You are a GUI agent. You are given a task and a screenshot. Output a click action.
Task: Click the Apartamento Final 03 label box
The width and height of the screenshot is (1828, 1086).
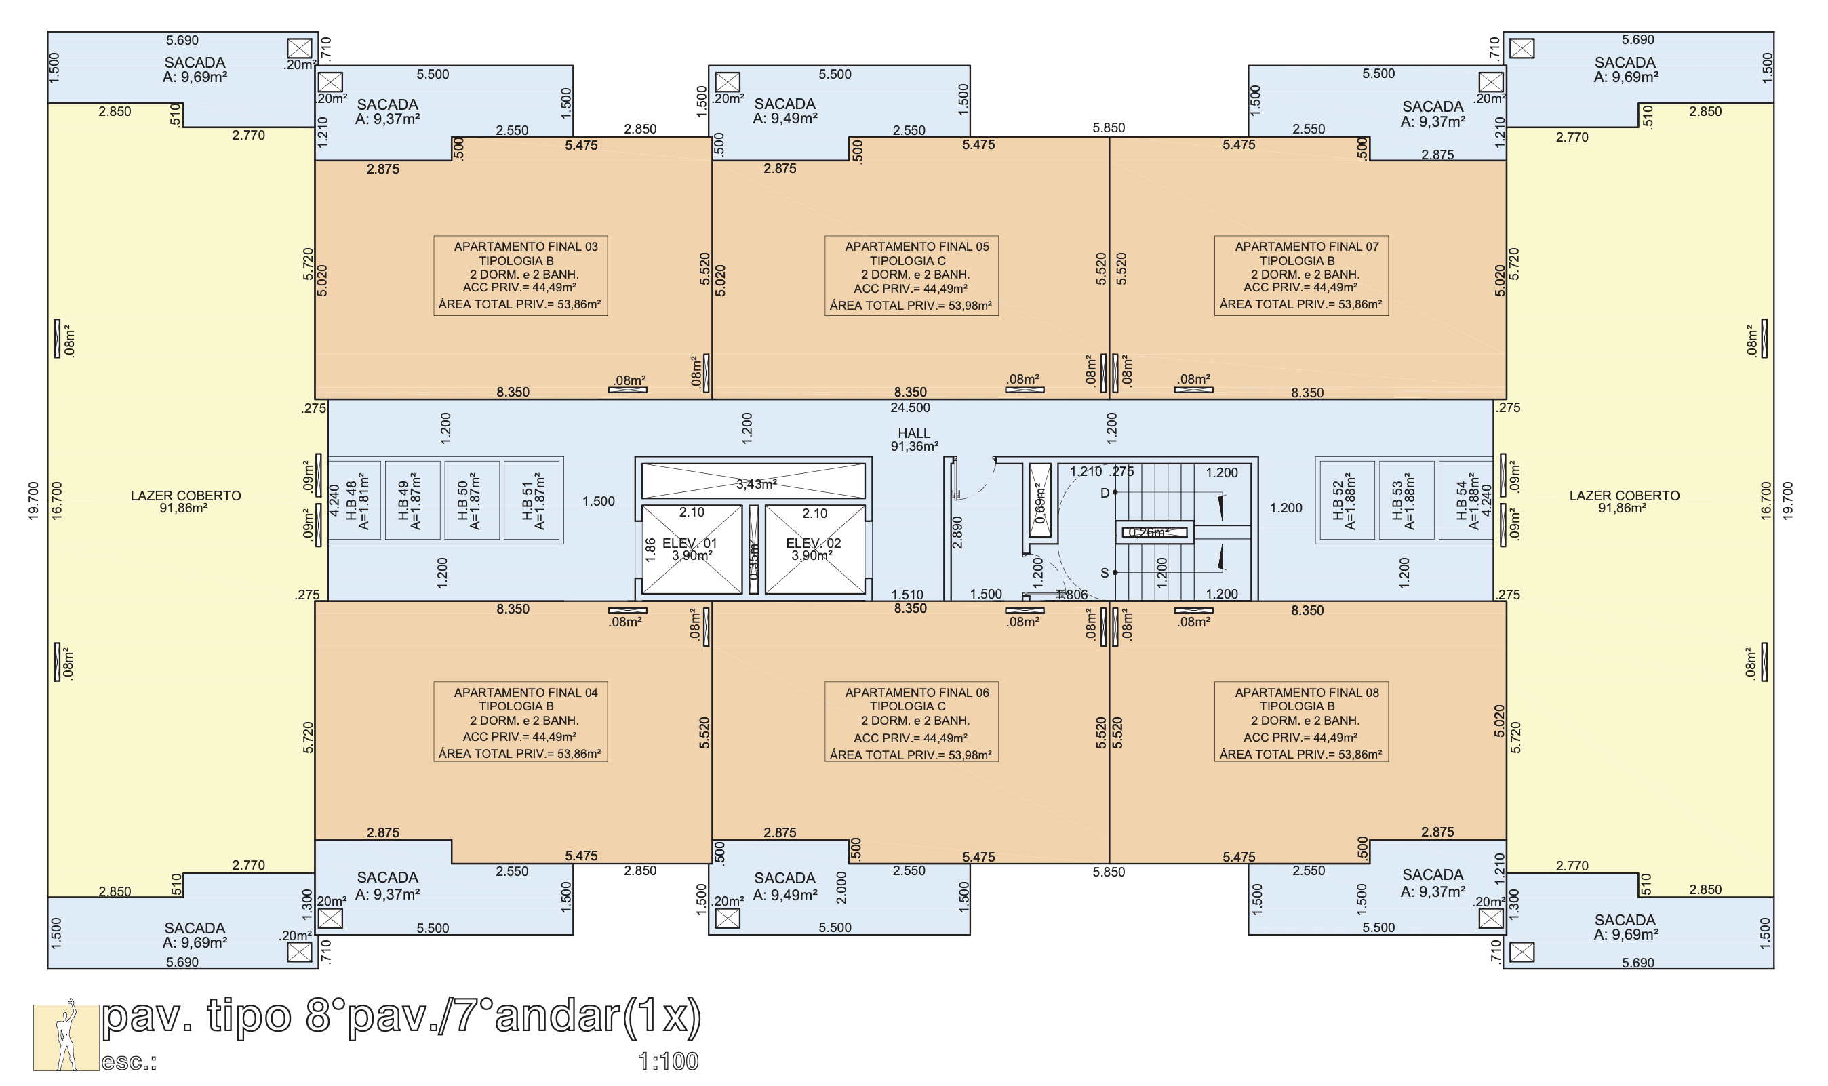(520, 275)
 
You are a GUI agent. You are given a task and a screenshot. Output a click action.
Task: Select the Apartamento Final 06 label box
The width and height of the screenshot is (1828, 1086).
(911, 721)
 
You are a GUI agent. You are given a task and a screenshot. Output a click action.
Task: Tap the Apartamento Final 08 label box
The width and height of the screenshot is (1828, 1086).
(1301, 721)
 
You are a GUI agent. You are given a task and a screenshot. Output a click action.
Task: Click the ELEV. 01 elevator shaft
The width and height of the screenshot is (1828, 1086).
(692, 549)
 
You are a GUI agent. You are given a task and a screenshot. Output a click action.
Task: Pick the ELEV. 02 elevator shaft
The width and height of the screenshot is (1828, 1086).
(814, 549)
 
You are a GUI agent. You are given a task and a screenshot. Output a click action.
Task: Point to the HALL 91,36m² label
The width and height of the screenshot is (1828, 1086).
(914, 440)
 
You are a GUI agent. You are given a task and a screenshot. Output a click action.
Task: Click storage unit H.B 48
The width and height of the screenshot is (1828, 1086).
(354, 500)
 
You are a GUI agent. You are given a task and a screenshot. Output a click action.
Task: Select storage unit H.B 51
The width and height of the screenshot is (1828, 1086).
(532, 500)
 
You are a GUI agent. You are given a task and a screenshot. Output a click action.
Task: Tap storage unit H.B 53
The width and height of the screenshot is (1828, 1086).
(1406, 500)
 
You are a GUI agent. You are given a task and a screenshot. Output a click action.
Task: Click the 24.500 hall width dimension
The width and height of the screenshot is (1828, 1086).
(911, 407)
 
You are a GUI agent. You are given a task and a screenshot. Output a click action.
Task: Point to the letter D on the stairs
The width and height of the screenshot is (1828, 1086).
(1105, 494)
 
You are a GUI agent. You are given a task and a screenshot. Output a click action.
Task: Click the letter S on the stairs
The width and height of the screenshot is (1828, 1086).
(1105, 573)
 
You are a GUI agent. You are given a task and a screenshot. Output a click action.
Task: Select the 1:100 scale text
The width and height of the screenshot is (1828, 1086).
(668, 1061)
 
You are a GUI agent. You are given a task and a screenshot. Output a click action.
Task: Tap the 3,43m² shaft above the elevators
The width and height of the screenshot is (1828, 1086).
(754, 481)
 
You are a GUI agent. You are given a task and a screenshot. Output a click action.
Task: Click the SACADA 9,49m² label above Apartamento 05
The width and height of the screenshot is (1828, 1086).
(784, 111)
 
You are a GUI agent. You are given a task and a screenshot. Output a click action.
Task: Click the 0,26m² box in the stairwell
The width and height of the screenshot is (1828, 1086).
(1154, 533)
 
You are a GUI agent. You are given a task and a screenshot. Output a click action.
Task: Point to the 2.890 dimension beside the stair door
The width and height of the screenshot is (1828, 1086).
(957, 532)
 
